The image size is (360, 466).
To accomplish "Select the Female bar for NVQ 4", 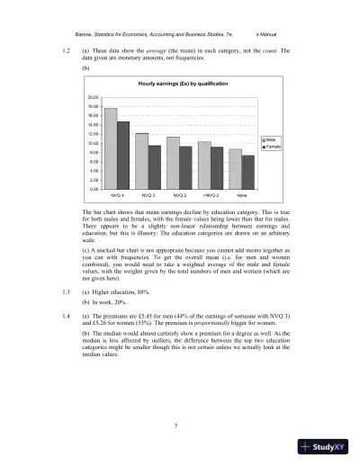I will (x=123, y=156).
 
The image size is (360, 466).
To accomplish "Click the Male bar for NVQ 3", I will (x=141, y=161).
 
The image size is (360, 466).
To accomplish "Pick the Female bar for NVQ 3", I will (x=154, y=167).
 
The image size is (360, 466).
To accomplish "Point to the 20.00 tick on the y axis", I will (x=92, y=96).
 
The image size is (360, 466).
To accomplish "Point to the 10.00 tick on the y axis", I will (x=92, y=143).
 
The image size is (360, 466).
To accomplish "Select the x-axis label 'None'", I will (x=241, y=195).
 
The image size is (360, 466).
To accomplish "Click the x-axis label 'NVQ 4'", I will (x=117, y=195).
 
